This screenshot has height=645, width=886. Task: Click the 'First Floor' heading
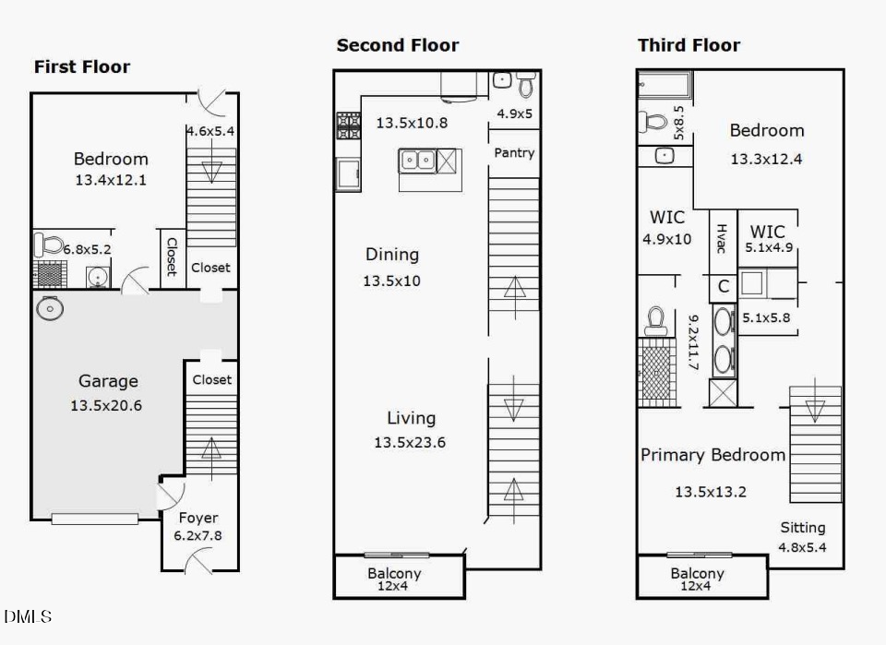82,66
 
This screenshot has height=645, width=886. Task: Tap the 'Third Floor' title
688,45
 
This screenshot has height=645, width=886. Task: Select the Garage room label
108,381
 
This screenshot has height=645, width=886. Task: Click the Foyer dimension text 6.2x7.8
198,535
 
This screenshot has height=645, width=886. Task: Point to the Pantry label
514,153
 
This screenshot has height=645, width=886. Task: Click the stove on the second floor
349,125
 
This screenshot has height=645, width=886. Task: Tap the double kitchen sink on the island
417,161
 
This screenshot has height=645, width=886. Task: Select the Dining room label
392,255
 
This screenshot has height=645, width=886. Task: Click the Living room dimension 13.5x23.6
410,442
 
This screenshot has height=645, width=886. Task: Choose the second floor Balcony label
394,573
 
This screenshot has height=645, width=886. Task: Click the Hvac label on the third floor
722,238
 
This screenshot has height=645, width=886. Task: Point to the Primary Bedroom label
713,455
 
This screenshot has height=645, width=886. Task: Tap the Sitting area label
803,528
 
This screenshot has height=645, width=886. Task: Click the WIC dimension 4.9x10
666,240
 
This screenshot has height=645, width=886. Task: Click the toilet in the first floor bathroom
49,244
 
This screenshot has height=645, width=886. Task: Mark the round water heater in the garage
50,308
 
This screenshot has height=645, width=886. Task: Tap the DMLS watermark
28,616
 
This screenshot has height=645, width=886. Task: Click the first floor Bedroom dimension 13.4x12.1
111,180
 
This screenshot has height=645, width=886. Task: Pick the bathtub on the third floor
664,85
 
